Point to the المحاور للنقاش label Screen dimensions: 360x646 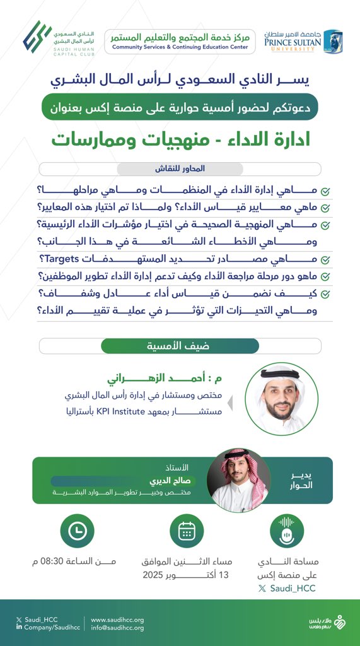(180, 169)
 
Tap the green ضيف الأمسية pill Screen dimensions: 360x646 (180, 346)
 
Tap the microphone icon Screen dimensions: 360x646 (287, 532)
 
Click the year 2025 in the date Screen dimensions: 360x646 (154, 575)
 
